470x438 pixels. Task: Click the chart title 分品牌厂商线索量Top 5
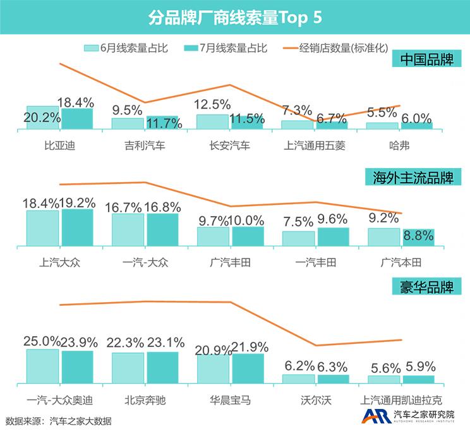coord(235,17)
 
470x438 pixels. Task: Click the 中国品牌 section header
coord(427,60)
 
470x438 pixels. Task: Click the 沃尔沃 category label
coord(316,400)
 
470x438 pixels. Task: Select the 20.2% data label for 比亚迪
coord(42,117)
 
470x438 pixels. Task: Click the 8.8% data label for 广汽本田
coord(418,236)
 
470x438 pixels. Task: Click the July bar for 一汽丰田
coord(333,236)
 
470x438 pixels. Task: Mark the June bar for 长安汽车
coord(213,122)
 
